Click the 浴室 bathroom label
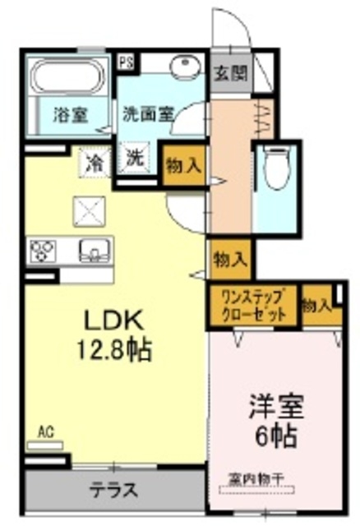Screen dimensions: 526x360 71,113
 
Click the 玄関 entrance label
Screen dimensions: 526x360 230,72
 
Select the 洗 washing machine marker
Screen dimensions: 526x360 135,159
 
